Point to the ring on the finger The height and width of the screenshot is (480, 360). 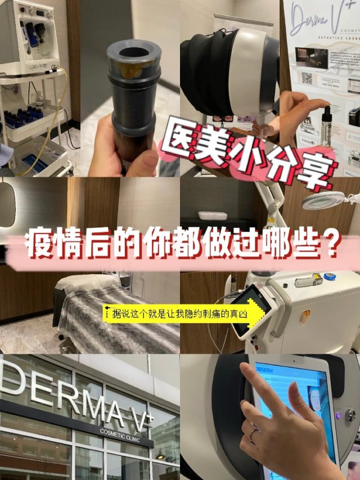point(253,433)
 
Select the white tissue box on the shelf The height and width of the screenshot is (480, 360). point(213,216)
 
